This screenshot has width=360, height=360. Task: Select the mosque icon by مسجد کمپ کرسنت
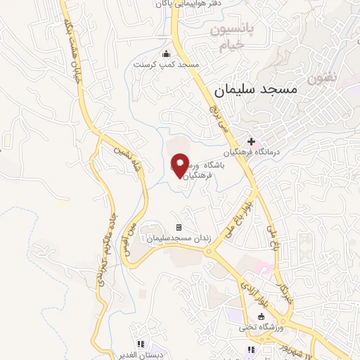(166, 54)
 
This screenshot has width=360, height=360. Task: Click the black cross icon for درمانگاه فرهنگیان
(251, 141)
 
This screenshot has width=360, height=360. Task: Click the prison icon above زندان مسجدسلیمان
(179, 227)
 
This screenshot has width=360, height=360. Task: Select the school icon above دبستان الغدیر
(141, 344)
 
